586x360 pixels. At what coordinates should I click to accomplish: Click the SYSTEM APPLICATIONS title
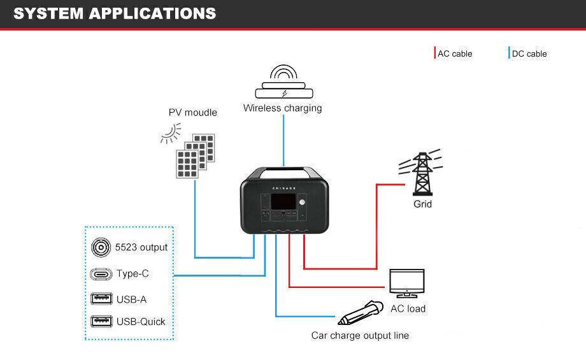coord(115,13)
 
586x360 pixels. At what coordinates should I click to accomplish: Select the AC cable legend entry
coord(454,54)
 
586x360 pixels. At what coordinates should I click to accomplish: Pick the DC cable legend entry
coord(529,54)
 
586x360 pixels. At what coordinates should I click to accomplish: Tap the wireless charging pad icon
coord(283,82)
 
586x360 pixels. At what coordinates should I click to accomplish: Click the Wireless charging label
coord(282,108)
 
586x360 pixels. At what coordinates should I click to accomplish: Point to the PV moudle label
coord(192,113)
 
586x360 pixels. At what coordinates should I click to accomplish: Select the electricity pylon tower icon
coord(422,173)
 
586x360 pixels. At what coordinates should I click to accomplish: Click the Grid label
coord(422,204)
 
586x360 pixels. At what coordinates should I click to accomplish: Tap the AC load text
coord(408,308)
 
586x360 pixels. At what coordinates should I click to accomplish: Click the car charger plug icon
coord(359,312)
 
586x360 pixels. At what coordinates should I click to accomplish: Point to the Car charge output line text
coord(360,335)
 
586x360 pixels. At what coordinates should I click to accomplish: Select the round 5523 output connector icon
coord(101,247)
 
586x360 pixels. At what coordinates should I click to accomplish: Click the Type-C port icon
coord(101,274)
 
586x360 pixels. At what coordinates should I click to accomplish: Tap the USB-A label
coord(131,299)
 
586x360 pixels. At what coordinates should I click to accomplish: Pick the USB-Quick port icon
coord(101,321)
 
